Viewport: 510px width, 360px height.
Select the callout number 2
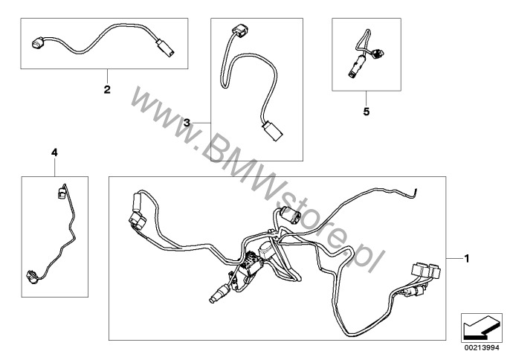point(107,89)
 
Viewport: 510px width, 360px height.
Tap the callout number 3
point(187,123)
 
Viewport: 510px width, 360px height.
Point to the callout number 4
point(54,152)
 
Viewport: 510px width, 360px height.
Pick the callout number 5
point(367,112)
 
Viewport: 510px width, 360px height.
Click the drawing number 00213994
point(482,348)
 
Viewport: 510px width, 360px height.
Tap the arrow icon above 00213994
point(482,328)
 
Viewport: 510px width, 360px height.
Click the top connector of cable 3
point(240,31)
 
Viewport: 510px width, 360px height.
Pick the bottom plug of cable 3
point(273,131)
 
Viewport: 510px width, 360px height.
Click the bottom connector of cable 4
point(32,277)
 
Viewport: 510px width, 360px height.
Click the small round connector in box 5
point(378,52)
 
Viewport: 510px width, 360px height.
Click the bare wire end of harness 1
point(415,193)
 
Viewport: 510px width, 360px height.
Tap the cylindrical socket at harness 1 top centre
point(291,215)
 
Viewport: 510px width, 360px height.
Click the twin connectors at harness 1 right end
point(427,271)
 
